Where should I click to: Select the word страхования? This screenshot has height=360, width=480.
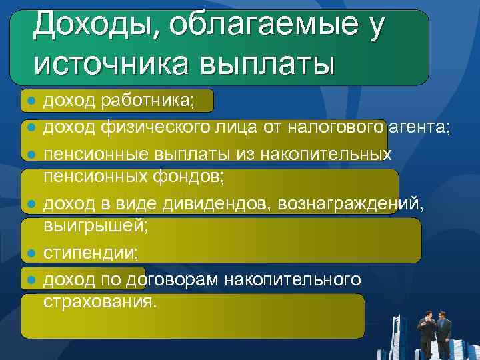[100, 301]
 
